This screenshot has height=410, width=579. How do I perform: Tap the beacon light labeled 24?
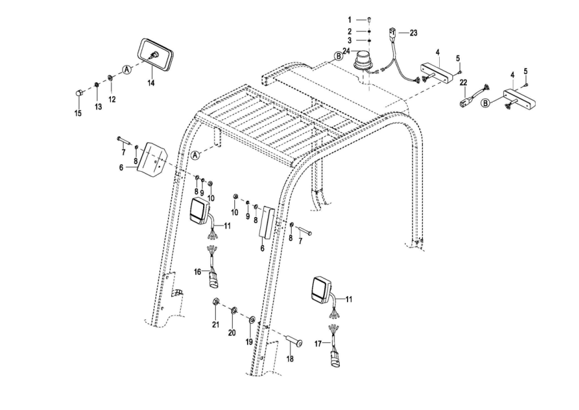pyautogui.click(x=363, y=60)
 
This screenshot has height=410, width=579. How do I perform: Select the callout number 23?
pyautogui.click(x=413, y=33)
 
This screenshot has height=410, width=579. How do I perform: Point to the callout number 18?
pyautogui.click(x=290, y=358)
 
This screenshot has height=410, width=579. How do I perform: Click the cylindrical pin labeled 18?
pyautogui.click(x=294, y=342)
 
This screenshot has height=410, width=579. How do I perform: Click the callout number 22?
pyautogui.click(x=463, y=83)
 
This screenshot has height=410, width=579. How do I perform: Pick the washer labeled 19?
pyautogui.click(x=252, y=319)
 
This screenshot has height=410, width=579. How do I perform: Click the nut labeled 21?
pyautogui.click(x=215, y=302)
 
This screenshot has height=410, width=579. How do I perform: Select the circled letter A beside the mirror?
pyautogui.click(x=127, y=69)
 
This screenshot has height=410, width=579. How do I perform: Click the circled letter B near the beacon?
pyautogui.click(x=338, y=56)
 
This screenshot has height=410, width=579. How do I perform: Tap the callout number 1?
pyautogui.click(x=349, y=20)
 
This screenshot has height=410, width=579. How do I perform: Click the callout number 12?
pyautogui.click(x=112, y=99)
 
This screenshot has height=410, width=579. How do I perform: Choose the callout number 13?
pyautogui.click(x=98, y=106)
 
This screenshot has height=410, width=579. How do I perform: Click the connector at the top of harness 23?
pyautogui.click(x=392, y=33)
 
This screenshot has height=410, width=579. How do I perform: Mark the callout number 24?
pyautogui.click(x=346, y=51)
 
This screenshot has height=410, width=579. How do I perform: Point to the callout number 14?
pyautogui.click(x=151, y=83)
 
